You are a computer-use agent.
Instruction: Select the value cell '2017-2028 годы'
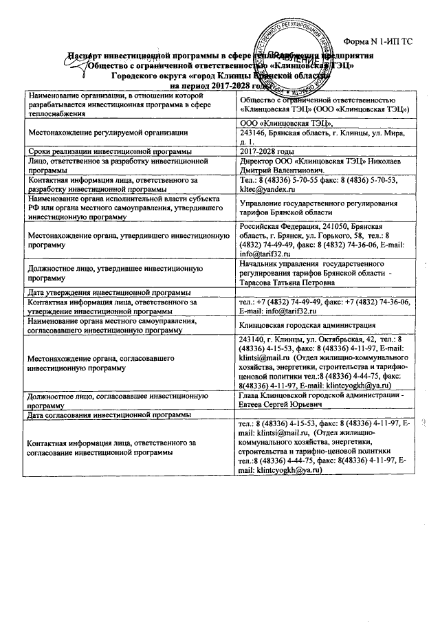click(267, 151)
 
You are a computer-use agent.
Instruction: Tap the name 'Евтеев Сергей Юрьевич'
click(287, 405)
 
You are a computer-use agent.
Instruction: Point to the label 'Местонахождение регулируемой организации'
click(107, 132)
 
